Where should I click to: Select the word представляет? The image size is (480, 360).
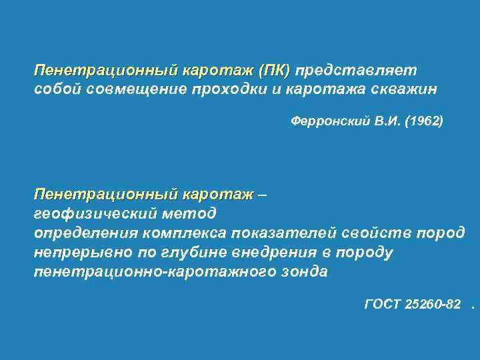pos(357,71)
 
